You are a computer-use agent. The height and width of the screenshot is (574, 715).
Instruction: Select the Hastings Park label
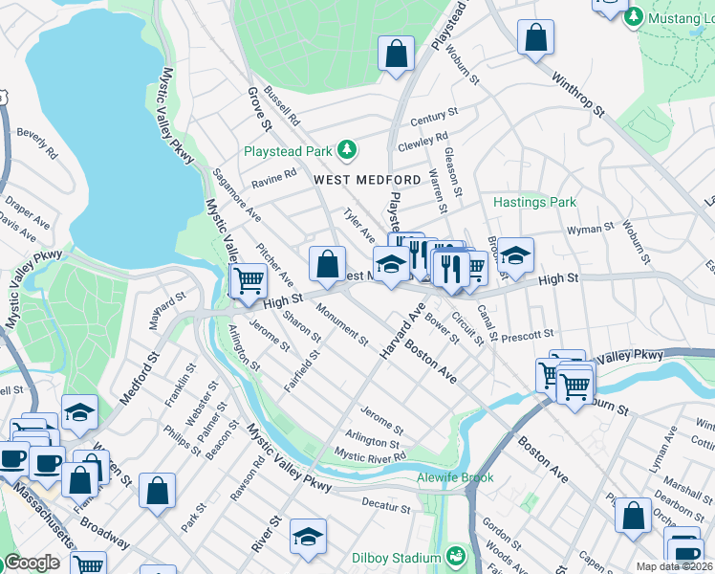point(534,203)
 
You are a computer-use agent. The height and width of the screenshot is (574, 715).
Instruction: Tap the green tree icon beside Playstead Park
point(349,150)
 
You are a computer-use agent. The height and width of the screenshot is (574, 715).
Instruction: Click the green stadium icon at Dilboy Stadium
point(457,554)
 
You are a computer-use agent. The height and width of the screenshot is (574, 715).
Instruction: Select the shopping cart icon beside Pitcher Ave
point(249,281)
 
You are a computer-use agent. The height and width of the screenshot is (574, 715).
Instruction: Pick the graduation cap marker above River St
point(308,536)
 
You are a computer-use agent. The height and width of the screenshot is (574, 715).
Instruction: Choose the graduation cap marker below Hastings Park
point(515,254)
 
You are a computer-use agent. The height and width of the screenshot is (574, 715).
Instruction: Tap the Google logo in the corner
point(32,563)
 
